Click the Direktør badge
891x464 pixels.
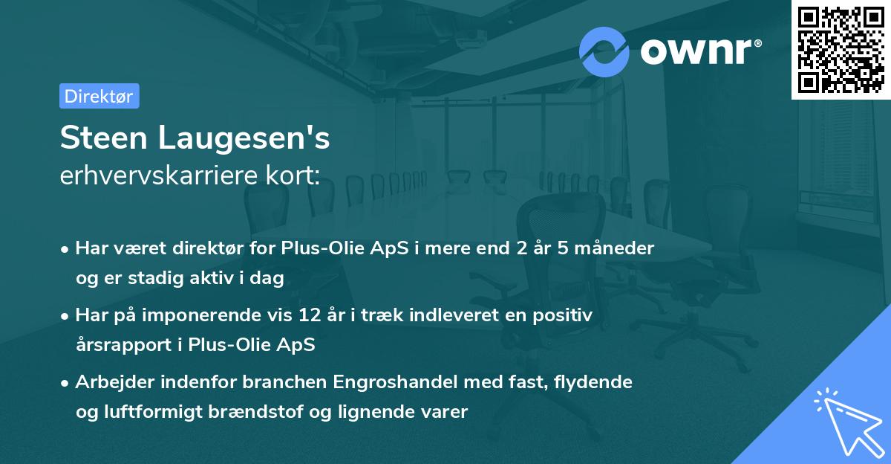[x=99, y=96]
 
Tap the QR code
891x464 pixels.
[x=841, y=49]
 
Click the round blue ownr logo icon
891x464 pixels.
[x=604, y=52]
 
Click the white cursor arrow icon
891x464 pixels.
[x=846, y=421]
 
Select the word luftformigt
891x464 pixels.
[x=150, y=412]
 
